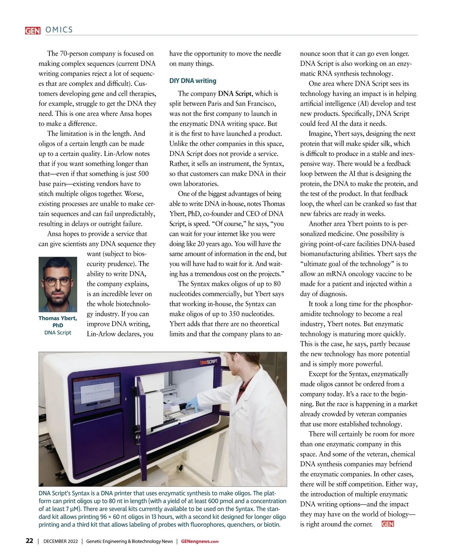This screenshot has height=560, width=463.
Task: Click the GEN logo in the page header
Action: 32,31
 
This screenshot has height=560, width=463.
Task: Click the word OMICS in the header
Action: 59,30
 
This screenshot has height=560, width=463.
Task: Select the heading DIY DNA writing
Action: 193,81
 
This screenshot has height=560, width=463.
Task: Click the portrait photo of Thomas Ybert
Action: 58,284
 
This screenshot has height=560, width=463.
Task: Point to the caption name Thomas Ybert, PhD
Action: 58,321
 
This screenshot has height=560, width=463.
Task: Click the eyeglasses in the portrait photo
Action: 58,281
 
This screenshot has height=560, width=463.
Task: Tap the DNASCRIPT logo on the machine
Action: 209,362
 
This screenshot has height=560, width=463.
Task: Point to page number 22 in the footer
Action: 29,541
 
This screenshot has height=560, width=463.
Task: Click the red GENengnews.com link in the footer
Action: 200,541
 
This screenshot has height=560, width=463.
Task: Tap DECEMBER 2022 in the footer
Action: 61,541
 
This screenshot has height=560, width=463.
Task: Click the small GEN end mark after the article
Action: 387,524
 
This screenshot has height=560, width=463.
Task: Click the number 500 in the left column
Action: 143,174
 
